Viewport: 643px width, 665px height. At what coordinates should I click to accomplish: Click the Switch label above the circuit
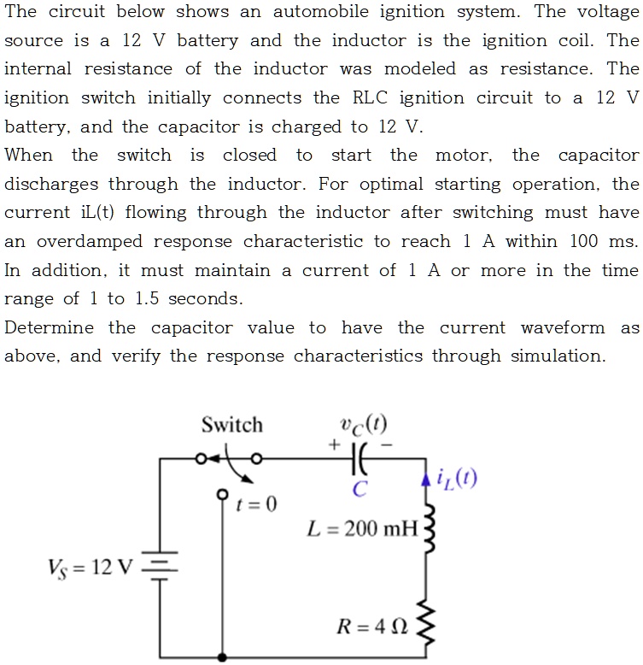[x=232, y=425]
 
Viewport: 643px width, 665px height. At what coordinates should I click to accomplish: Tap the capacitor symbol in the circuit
[x=360, y=458]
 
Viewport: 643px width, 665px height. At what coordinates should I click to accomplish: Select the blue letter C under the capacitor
[x=360, y=489]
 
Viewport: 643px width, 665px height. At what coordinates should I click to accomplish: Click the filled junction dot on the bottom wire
[x=224, y=656]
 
